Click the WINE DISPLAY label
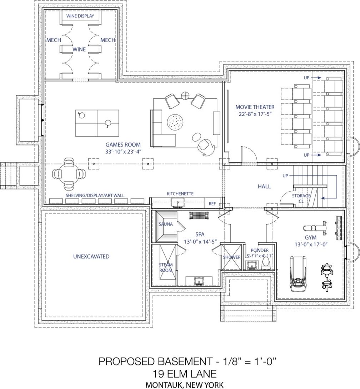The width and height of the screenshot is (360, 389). pos(80,16)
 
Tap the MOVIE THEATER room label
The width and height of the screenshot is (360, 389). pos(255,107)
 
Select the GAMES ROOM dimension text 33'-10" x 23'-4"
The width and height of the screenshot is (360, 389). pos(123,152)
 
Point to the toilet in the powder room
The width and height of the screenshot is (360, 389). pos(266,263)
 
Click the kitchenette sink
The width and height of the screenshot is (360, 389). pos(177,203)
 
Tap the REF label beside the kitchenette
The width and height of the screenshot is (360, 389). pos(212,204)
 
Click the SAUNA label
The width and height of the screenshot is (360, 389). pos(165,224)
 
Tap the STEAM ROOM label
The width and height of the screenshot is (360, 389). pos(166,267)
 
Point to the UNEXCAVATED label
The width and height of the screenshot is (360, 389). pos(91,256)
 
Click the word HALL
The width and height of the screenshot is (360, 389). pos(264,186)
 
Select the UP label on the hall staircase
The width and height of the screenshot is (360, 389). pos(285,176)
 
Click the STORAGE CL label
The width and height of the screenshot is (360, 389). pos(301,198)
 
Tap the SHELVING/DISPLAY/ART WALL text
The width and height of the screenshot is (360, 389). pos(95,196)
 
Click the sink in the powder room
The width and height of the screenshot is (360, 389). pos(252,265)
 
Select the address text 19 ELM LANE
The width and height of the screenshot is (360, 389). pos(185,374)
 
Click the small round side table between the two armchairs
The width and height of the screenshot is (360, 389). pos(185,95)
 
